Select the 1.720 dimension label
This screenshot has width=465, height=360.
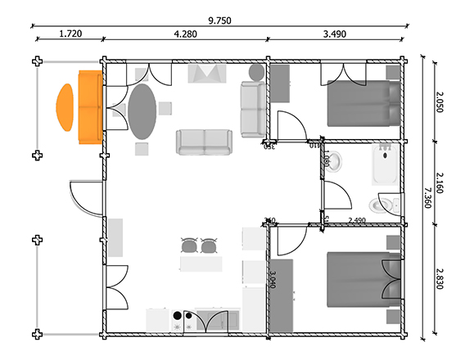[x=70, y=34]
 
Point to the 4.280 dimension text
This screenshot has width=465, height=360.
[x=186, y=34]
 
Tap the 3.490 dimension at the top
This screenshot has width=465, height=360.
[x=336, y=34]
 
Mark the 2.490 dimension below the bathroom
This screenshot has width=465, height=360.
[x=357, y=220]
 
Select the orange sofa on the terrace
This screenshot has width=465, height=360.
[x=88, y=107]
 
